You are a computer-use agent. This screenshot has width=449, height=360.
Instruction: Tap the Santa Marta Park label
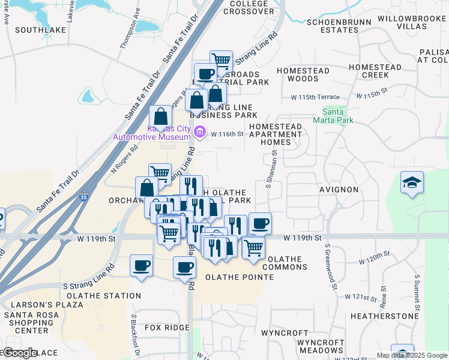click(x=333, y=115)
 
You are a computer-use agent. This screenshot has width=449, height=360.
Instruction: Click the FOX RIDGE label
click(x=167, y=328)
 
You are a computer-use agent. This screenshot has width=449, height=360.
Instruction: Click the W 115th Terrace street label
click(x=315, y=97)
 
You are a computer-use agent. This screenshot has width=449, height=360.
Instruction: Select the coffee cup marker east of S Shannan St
click(x=260, y=223)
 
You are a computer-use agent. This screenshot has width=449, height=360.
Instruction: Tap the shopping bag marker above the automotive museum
click(x=160, y=117)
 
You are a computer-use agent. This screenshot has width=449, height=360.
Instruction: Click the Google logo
click(x=20, y=353)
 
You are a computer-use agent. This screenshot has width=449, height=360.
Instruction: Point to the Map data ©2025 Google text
click(x=411, y=355)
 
